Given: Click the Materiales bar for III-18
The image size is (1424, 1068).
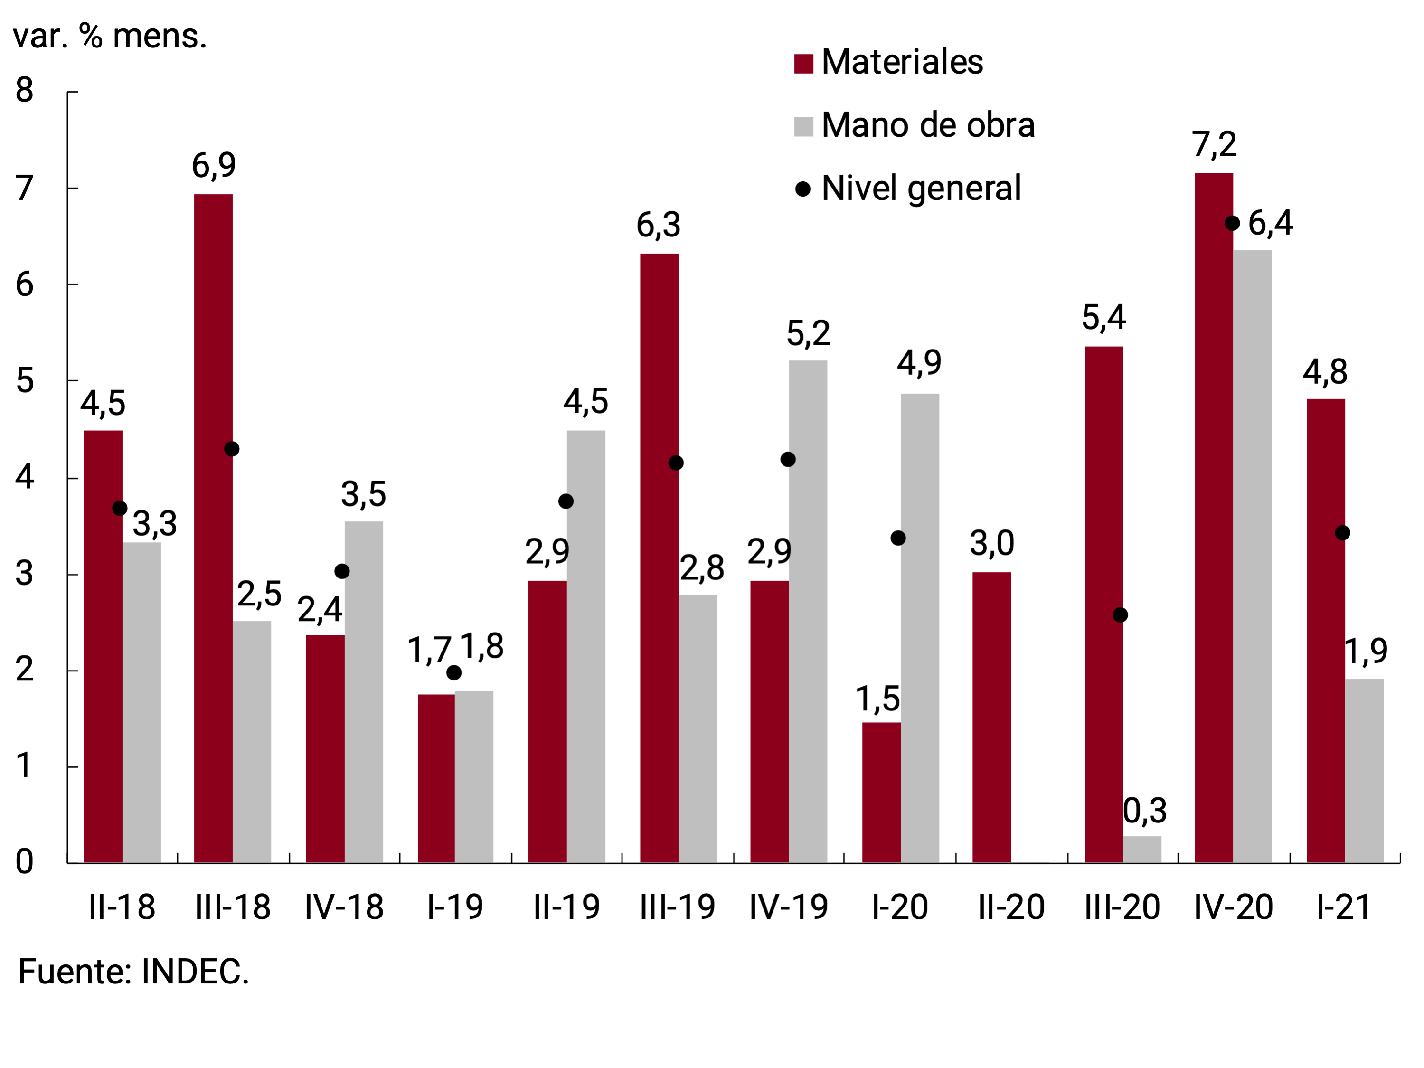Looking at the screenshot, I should (x=213, y=528).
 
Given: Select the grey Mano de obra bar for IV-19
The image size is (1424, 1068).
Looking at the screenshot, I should (x=808, y=612).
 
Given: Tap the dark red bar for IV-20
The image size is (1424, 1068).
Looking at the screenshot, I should (x=1214, y=518).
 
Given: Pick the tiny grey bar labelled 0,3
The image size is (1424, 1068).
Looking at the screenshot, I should (x=1142, y=849).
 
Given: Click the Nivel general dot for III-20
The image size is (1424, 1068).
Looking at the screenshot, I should (x=1120, y=615).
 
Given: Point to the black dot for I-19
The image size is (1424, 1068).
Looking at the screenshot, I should (x=454, y=673).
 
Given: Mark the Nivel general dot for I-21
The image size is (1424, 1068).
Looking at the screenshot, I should (x=1342, y=533).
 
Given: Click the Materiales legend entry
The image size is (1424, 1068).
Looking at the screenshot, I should (x=888, y=62).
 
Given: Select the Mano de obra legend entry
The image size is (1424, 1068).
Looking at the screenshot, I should (x=914, y=125).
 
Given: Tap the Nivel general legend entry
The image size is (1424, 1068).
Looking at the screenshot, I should (x=908, y=189).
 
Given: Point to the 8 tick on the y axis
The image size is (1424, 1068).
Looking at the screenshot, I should (x=25, y=90).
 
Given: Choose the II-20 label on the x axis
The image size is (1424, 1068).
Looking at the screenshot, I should (x=1011, y=907).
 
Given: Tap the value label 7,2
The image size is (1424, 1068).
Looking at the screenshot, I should (x=1214, y=145).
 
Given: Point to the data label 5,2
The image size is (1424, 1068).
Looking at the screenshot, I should (x=808, y=333).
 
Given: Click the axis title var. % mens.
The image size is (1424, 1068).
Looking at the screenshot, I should (x=109, y=37).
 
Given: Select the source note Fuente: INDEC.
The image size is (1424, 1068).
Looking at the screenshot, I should (x=133, y=972).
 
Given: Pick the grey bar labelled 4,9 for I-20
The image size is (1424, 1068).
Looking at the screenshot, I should (x=919, y=628).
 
